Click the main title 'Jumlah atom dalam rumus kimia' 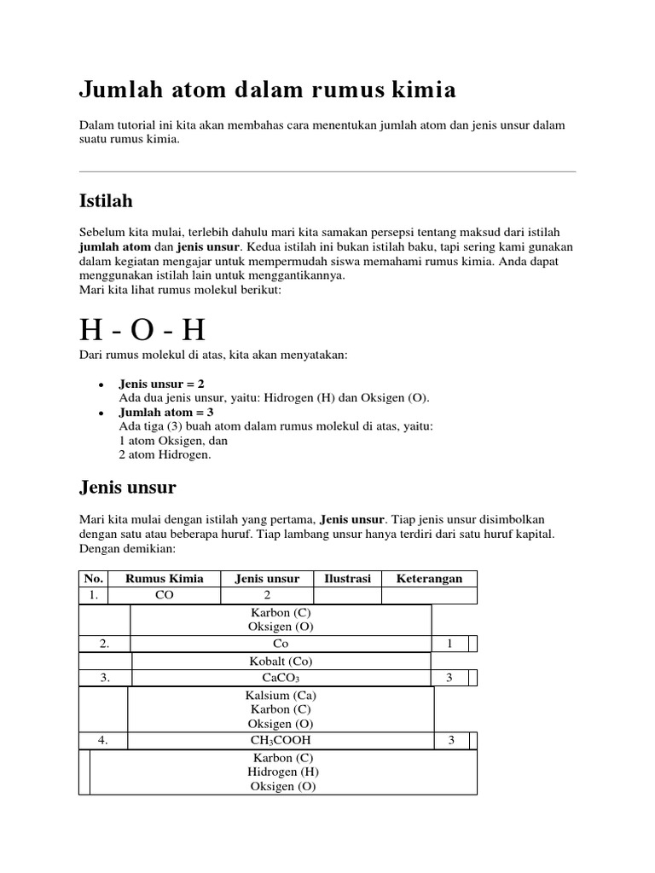click(267, 90)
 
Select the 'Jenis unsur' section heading click(127, 488)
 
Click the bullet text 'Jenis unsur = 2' click(162, 384)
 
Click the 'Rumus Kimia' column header click(164, 579)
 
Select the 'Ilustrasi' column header click(347, 579)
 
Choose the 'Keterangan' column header click(429, 579)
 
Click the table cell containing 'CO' click(164, 596)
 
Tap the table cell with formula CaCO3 click(281, 678)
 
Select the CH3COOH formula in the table click(281, 740)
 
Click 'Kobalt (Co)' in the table click(281, 661)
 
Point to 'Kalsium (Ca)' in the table click(281, 696)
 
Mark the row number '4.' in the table click(103, 740)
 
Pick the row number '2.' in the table click(104, 645)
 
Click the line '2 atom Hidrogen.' click(165, 455)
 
